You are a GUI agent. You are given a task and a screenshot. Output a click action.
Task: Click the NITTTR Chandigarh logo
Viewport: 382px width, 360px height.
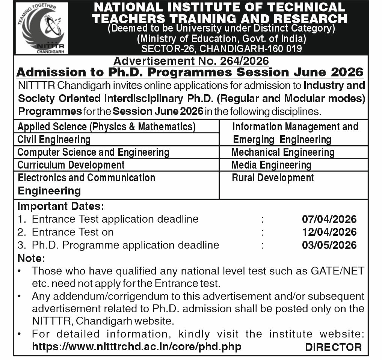[41, 28]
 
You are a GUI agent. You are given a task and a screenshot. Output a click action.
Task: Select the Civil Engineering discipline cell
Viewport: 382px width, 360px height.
[54, 140]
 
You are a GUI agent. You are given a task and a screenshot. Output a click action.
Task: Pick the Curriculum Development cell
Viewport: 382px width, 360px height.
[71, 165]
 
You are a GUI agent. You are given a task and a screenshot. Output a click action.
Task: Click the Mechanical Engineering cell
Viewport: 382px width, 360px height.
[283, 152]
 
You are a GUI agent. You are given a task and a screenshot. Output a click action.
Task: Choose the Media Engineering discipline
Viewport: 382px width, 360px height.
[271, 165]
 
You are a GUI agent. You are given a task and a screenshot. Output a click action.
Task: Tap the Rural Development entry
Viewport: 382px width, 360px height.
[273, 178]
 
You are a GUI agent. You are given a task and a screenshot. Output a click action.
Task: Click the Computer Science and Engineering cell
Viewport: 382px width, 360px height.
[94, 152]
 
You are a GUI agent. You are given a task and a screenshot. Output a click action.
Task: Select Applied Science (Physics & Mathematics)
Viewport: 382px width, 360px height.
[107, 127]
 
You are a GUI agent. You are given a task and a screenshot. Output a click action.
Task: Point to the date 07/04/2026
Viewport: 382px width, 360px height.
[329, 219]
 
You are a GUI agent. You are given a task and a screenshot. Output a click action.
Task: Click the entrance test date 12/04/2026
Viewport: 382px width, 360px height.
[329, 232]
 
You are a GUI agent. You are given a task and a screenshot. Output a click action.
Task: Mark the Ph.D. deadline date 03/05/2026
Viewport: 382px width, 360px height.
[329, 245]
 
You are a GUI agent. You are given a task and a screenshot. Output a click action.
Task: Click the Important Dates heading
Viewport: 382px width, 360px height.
[60, 206]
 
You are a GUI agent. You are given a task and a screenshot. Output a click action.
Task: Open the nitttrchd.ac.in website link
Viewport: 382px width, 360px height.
[137, 346]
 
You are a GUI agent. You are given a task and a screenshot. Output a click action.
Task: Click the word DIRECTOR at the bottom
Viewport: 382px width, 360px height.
[333, 347]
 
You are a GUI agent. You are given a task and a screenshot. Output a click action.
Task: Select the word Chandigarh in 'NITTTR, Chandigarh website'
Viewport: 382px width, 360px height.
[102, 321]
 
